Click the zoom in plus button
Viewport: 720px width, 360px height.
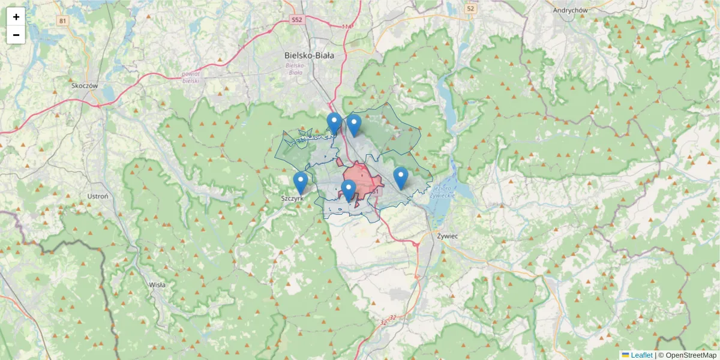16,17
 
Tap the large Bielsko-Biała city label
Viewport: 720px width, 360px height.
309,55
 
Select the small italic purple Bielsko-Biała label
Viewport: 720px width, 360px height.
296,68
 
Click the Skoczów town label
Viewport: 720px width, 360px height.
84,85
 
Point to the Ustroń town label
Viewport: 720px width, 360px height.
97,196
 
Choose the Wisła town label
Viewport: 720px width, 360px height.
157,285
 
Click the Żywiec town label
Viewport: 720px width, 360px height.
448,236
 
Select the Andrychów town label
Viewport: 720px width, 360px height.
570,10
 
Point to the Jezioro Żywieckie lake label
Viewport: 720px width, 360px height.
445,191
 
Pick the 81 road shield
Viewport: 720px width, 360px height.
62,21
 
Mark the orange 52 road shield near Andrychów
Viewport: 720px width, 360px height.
470,8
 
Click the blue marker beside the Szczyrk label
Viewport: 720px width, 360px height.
301,182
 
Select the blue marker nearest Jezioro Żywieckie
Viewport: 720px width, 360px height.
401,178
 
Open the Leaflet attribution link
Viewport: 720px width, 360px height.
641,355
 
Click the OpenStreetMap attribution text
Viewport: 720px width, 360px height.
691,355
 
